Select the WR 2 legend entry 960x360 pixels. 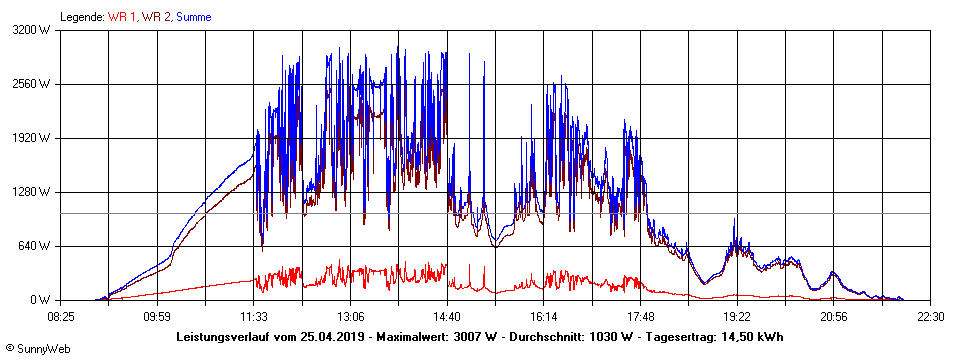coord(156,17)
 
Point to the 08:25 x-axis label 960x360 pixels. coord(61,316)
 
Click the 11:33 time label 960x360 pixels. coord(254,316)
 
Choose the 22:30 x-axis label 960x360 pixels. coord(931,316)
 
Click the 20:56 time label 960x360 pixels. coord(834,316)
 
